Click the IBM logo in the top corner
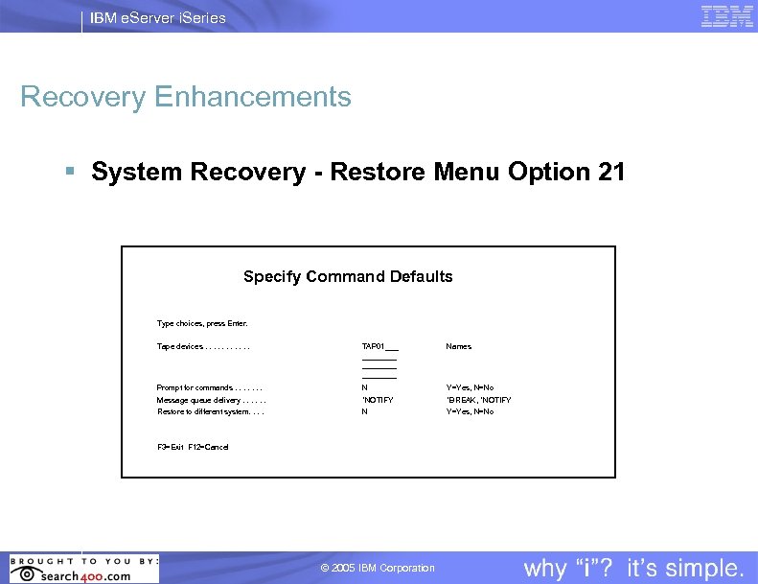click(726, 16)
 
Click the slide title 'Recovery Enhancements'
click(186, 97)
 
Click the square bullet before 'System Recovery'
click(70, 173)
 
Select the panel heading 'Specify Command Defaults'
click(348, 277)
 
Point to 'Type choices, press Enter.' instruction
click(202, 323)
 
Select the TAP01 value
click(374, 346)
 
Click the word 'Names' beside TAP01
click(458, 346)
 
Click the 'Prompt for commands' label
click(210, 388)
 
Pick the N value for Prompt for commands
click(364, 388)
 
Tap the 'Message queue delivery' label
click(211, 400)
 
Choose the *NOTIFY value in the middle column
click(377, 400)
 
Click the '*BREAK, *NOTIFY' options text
click(478, 400)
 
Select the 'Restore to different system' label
click(210, 411)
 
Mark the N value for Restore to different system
click(364, 411)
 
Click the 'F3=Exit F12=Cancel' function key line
click(193, 447)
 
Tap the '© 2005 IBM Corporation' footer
click(378, 569)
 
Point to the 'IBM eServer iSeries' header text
click(158, 17)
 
